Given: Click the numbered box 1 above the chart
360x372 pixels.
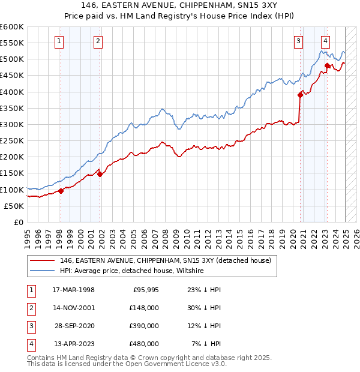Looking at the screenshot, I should (60, 41).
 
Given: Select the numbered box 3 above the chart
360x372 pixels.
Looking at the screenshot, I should (298, 41).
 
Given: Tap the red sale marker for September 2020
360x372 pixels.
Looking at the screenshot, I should (300, 95).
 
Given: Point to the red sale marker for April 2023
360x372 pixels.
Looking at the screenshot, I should (327, 65).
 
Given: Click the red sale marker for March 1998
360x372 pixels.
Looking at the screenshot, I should (61, 191).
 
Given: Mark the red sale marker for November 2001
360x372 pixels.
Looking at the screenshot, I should (100, 174).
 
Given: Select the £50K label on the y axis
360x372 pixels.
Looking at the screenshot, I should (14, 206).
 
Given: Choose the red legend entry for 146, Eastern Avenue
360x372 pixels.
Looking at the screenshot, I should (165, 261).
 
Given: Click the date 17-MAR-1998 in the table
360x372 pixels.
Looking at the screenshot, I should (74, 290).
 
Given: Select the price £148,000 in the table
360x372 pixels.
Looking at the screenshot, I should (144, 308).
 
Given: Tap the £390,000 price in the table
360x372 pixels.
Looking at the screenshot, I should (144, 326).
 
